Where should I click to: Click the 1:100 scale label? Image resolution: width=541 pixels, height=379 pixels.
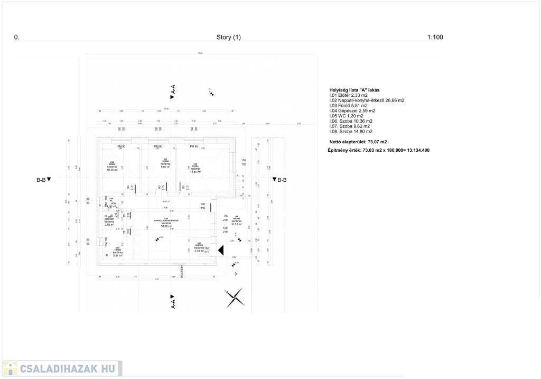tap(435, 38)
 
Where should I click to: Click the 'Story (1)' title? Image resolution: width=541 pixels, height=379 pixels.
tap(228, 38)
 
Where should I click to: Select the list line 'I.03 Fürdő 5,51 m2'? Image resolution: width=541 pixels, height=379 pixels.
tap(348, 106)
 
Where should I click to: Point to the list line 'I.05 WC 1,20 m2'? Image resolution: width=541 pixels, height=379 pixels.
tap(346, 116)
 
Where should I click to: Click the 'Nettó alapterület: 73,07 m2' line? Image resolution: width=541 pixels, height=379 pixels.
tap(358, 142)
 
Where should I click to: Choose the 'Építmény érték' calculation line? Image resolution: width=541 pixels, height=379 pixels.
tap(378, 151)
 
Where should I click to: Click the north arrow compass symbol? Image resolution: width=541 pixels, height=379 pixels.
tap(235, 298)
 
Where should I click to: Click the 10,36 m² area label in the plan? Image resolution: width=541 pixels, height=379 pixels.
tap(112, 170)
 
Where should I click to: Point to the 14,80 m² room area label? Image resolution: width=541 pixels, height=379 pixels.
tap(195, 171)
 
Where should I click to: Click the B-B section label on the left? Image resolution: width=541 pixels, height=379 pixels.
tap(43, 180)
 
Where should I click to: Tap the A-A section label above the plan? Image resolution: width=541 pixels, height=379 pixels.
tap(173, 91)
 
